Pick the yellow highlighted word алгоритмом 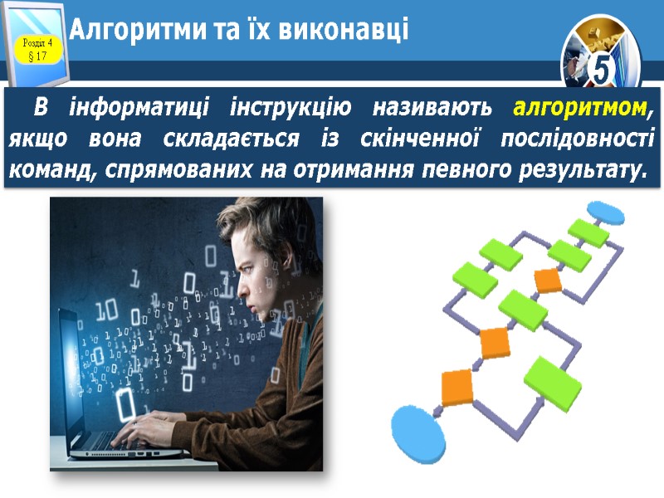[579, 108]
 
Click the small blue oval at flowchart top [609, 213]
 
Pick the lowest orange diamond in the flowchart [456, 387]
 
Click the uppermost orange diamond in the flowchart [548, 280]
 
